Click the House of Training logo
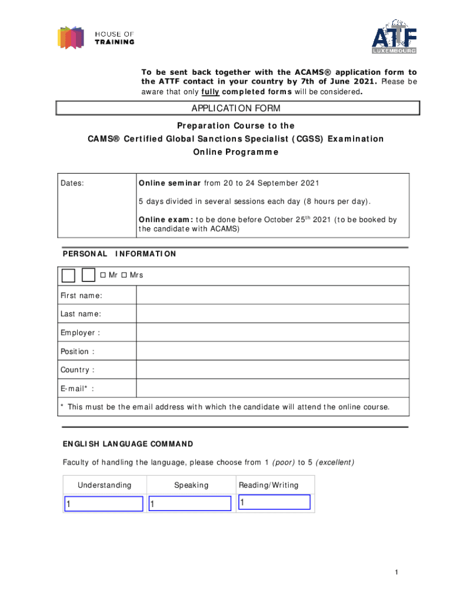point(95,37)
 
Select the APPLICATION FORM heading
point(236,108)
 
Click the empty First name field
point(272,295)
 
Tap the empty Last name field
point(272,314)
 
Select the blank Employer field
point(272,333)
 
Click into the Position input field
point(272,352)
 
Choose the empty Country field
point(272,370)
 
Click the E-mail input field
point(272,388)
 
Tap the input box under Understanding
point(104,503)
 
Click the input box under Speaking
point(190,503)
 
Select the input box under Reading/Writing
point(274,502)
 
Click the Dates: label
point(72,183)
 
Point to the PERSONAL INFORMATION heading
point(119,254)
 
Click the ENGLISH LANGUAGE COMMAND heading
point(128,443)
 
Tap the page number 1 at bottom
point(398,573)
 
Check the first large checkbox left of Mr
point(68,276)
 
